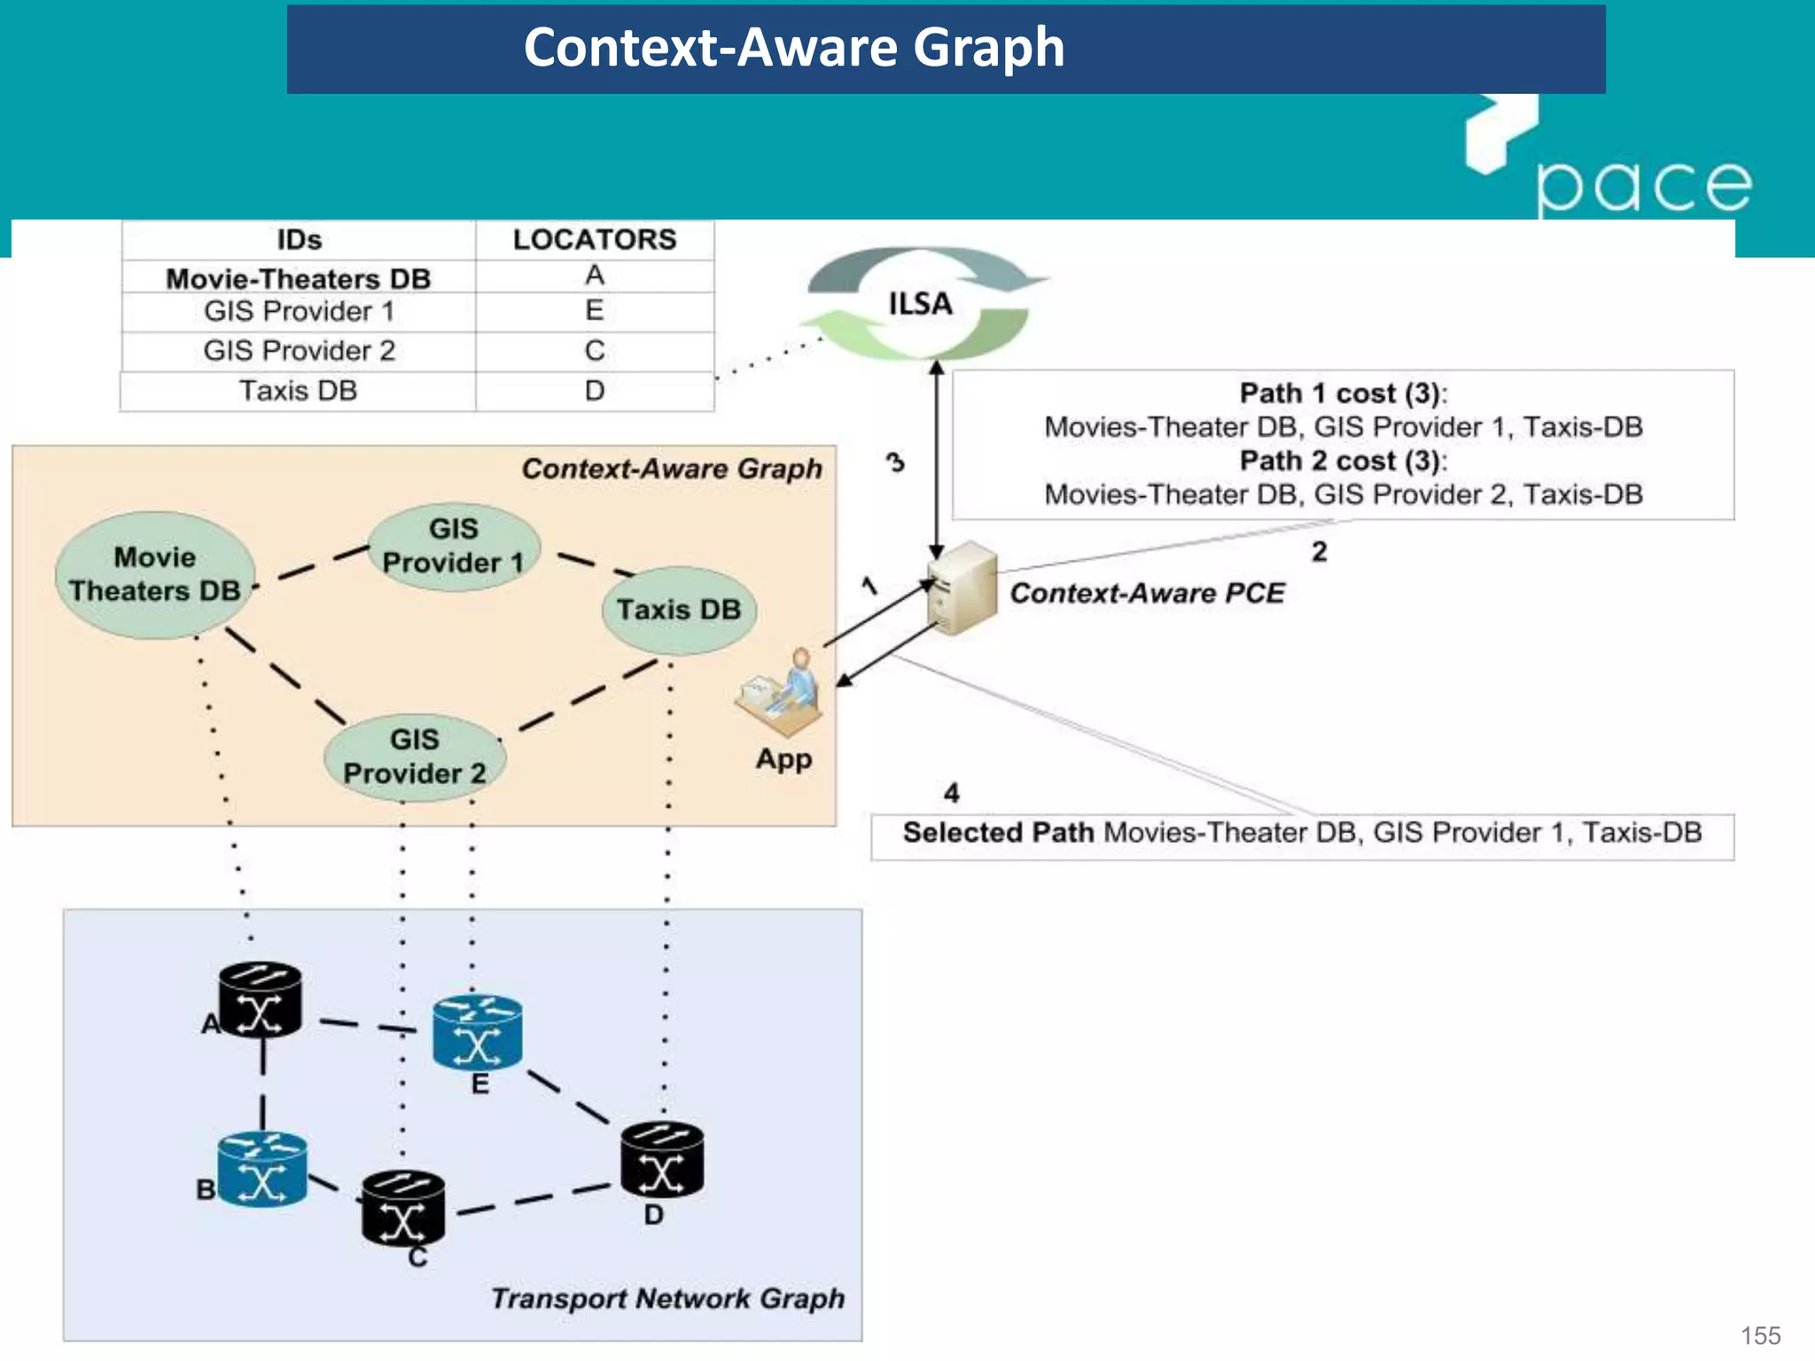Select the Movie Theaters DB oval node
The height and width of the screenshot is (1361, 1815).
[x=155, y=574]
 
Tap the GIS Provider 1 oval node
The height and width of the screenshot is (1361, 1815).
[x=454, y=547]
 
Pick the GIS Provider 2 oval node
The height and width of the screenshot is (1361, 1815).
[x=415, y=758]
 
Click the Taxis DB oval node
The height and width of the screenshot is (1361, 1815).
[x=679, y=610]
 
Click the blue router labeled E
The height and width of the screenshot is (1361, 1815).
[x=478, y=1032]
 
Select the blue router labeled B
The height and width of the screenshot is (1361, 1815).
[x=262, y=1170]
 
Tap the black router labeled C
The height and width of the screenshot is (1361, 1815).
[x=403, y=1208]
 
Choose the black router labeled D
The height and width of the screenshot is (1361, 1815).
[x=662, y=1161]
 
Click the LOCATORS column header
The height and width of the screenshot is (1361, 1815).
[x=595, y=240]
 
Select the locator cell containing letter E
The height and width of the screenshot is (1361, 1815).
[x=595, y=311]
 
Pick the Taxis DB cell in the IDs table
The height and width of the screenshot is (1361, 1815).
[x=299, y=391]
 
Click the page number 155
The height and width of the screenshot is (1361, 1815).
[x=1760, y=1335]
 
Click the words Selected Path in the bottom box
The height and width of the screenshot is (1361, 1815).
[x=998, y=833]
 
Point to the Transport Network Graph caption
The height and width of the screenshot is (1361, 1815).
[x=667, y=1299]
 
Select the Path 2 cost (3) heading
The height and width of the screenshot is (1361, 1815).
[x=1343, y=462]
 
